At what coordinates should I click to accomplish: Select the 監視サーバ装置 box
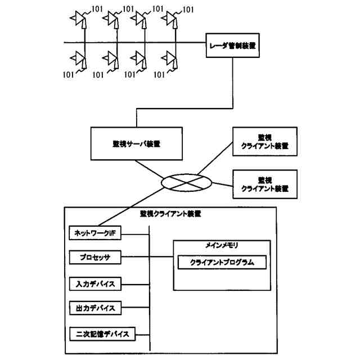click(137, 143)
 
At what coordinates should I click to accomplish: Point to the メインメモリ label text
click(222, 246)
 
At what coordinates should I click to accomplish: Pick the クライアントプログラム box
click(222, 263)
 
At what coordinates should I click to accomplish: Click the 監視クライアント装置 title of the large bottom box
click(170, 214)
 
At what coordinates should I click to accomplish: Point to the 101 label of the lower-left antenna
click(69, 74)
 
